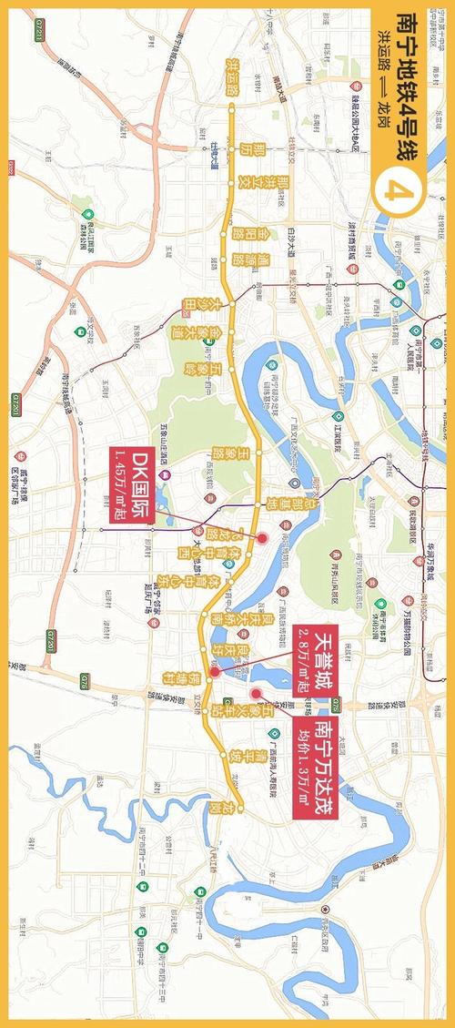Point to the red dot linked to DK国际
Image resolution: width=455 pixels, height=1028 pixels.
262,538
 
